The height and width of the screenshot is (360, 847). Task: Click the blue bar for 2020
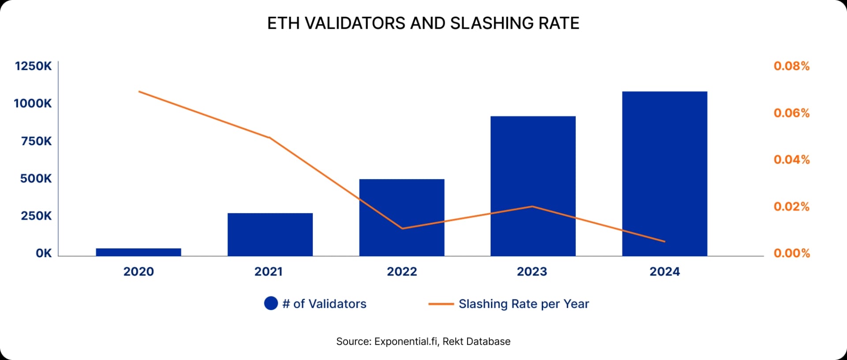(x=139, y=252)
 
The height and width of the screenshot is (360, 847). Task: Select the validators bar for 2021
(x=270, y=234)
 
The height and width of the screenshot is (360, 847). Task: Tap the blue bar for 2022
(x=401, y=217)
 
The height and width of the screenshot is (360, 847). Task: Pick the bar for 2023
(x=533, y=186)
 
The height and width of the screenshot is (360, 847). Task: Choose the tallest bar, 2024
(x=664, y=173)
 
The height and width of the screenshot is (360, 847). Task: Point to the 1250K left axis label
(x=33, y=66)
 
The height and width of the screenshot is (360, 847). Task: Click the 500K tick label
(x=36, y=179)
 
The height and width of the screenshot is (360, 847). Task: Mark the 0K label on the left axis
(x=44, y=253)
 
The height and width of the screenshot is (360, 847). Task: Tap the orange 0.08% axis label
(x=791, y=66)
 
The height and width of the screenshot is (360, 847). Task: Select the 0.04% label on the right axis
(x=791, y=160)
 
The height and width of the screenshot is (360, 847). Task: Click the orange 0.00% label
(x=791, y=253)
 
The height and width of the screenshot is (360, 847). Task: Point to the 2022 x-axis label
(x=401, y=271)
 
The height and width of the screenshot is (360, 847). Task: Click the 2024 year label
(x=664, y=271)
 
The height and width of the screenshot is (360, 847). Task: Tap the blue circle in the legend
(x=271, y=303)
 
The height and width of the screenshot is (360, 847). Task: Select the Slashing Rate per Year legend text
(x=524, y=304)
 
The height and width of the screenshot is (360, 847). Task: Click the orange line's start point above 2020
(x=139, y=92)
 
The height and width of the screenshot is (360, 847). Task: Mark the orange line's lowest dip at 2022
(x=402, y=228)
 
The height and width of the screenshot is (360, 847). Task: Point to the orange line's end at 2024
(x=664, y=241)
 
